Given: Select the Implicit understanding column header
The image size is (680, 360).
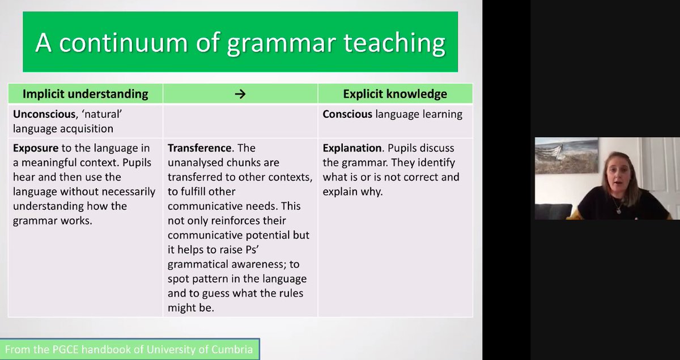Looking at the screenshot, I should pos(85,94).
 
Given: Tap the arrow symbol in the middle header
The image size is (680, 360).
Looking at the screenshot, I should pos(240,94).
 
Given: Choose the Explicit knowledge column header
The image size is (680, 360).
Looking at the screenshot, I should pos(394,94).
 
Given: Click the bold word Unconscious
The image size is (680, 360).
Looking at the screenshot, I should pos(43,114).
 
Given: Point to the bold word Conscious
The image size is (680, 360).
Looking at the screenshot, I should pos(347,114).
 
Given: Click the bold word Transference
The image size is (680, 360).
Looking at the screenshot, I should pos(199,149).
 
